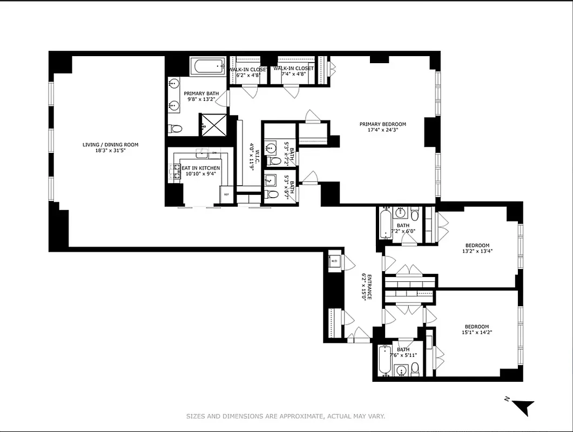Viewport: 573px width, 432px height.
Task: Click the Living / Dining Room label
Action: (x=110, y=145)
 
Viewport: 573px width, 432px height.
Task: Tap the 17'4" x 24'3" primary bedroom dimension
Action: (x=382, y=130)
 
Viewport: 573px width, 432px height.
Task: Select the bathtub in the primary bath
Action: (x=207, y=67)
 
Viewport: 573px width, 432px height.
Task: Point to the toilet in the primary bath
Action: (x=175, y=129)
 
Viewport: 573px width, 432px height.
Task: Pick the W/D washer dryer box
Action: (x=334, y=261)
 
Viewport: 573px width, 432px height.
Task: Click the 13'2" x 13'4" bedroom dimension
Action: (x=477, y=251)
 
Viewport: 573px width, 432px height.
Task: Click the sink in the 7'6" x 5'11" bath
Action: (x=400, y=370)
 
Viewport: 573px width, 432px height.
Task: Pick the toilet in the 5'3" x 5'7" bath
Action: (x=273, y=194)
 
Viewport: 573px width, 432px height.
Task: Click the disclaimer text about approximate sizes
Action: (x=285, y=416)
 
